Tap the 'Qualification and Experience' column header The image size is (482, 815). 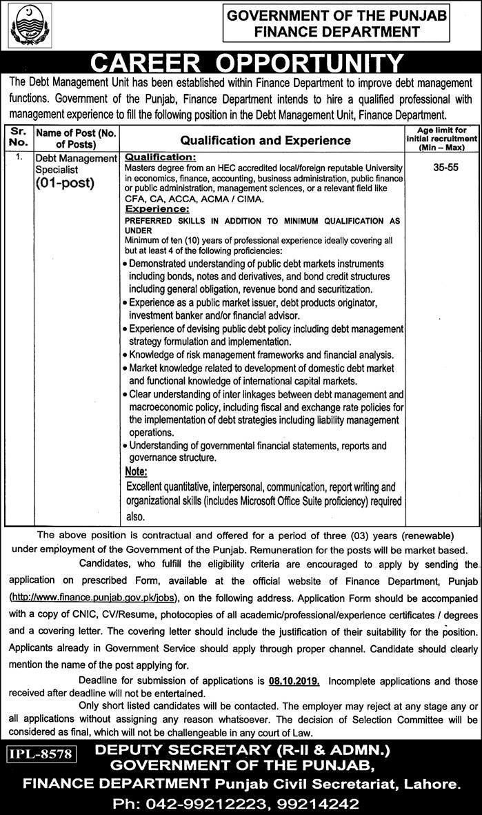click(263, 140)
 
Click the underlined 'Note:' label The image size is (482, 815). click(137, 471)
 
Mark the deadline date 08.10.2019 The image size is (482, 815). click(293, 680)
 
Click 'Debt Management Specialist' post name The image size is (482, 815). click(76, 163)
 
